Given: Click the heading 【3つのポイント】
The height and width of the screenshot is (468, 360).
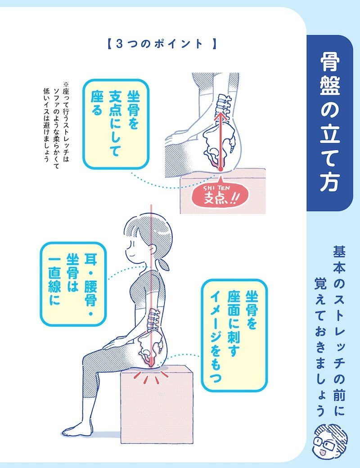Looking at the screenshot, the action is click(x=161, y=44).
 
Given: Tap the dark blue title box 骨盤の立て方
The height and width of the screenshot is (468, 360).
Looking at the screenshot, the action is click(x=330, y=123).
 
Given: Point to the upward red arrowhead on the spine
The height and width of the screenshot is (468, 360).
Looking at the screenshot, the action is click(x=220, y=114).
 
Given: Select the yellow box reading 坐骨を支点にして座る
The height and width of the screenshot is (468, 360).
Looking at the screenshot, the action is click(x=116, y=124).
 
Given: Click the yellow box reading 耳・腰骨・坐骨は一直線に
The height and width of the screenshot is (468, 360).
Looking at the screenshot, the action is click(x=73, y=283).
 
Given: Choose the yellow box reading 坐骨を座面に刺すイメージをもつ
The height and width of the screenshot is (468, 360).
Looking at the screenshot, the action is click(x=234, y=335).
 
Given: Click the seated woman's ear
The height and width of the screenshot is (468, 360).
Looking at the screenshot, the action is click(x=153, y=248).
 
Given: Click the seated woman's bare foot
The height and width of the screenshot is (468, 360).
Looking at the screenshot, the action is click(x=81, y=429).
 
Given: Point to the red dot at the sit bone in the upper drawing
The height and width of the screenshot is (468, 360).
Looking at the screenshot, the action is click(x=220, y=169).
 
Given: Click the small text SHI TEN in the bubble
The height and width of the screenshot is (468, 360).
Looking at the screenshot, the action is click(x=216, y=188).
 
